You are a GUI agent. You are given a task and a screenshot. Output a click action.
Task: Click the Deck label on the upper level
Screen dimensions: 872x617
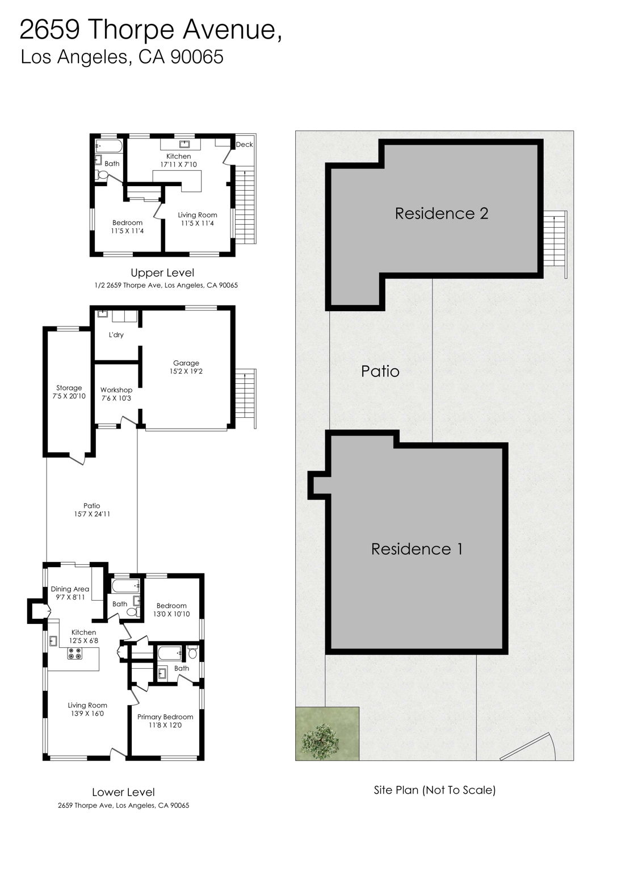click(x=244, y=145)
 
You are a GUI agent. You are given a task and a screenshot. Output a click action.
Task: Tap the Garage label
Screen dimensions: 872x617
click(x=186, y=363)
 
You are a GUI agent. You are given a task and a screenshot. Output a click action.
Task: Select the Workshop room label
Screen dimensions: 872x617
click(x=116, y=390)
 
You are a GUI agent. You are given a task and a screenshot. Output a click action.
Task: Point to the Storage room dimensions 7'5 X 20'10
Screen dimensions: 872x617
click(x=69, y=396)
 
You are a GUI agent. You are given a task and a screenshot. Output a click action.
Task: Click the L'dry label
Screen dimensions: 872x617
click(x=116, y=335)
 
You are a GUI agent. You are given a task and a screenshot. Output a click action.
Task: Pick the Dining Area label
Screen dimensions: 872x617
click(x=70, y=589)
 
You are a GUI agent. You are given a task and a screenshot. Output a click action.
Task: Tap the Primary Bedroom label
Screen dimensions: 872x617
click(x=165, y=717)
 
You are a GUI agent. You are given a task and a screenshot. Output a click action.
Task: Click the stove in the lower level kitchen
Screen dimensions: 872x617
click(x=75, y=653)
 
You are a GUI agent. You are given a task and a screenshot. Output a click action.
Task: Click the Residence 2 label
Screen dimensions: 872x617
click(x=442, y=213)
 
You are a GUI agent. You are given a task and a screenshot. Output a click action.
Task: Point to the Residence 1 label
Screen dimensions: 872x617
click(x=417, y=549)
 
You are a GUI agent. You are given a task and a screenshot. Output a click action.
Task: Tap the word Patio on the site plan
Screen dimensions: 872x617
click(x=380, y=371)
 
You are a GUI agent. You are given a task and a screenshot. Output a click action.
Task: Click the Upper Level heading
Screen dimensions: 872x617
click(x=162, y=273)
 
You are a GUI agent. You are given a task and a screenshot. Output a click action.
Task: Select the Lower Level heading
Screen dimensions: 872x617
click(x=123, y=793)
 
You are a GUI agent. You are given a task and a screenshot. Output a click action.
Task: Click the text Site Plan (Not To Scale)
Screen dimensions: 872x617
click(x=435, y=790)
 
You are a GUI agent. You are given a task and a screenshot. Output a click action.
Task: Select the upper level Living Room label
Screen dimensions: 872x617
click(x=198, y=215)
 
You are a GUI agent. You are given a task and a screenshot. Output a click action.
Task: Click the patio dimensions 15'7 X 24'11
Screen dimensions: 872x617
click(x=92, y=514)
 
